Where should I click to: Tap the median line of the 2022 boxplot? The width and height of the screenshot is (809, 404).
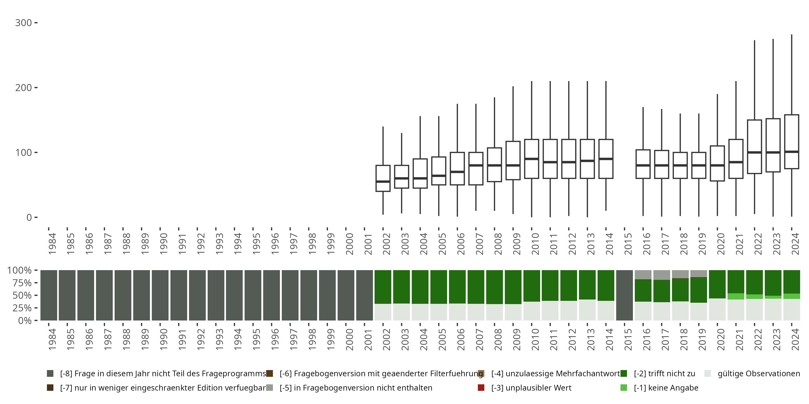[x=754, y=152]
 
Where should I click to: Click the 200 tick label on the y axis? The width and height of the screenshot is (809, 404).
[x=23, y=88]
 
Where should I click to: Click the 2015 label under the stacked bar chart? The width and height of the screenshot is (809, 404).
[x=628, y=339]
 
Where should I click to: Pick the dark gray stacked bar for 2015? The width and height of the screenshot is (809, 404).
[x=624, y=295]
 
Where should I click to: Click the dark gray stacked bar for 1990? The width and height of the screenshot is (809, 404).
[x=160, y=295]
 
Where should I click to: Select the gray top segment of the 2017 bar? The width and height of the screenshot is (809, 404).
[x=661, y=275]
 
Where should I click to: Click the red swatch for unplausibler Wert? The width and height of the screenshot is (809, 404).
[x=481, y=388]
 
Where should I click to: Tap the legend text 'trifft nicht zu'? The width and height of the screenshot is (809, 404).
[x=664, y=374]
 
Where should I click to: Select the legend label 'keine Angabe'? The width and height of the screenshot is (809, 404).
[x=666, y=388]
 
